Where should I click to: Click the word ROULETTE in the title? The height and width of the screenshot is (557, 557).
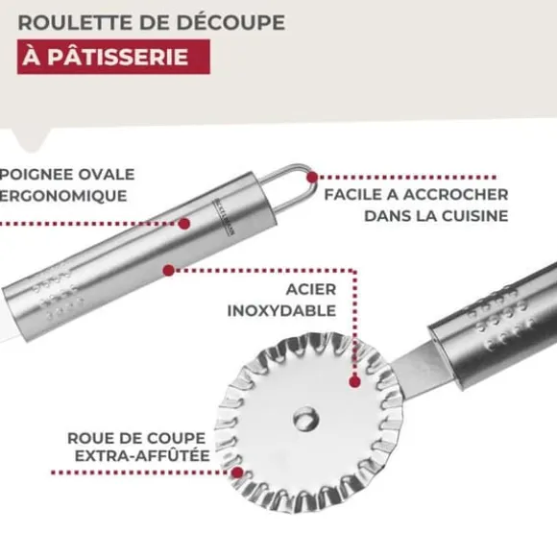coord(76,23)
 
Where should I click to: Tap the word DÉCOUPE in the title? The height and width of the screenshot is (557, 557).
coord(230,22)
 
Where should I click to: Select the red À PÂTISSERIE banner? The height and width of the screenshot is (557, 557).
coord(113,57)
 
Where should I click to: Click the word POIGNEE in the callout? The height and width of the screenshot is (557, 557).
coord(36,175)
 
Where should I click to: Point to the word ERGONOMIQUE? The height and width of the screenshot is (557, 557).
coord(63,196)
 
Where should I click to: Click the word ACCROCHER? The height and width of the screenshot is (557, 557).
coord(456,195)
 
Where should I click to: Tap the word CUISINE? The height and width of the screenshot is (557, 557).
coord(475,216)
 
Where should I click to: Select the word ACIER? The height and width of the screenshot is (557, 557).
coord(311,289)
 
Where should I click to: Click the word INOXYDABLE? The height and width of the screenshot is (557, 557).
coord(281,311)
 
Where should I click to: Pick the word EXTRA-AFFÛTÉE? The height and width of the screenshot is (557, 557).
coord(142,456)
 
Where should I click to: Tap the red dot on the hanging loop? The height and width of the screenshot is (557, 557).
coord(312,177)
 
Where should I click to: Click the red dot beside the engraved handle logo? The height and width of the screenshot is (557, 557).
coord(184,224)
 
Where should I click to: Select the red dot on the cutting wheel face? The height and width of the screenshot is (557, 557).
coord(354,382)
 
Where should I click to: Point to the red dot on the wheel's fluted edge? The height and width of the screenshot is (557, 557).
coord(237,472)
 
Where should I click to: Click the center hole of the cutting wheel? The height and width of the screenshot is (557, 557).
coord(305,419)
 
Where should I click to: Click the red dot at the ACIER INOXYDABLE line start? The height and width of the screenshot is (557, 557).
coord(169,270)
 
